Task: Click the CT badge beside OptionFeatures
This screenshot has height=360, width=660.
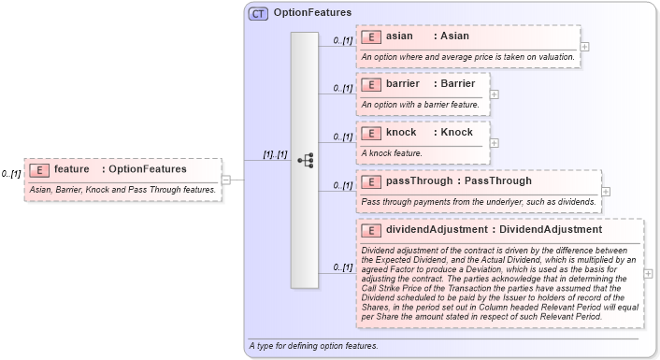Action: tap(258, 13)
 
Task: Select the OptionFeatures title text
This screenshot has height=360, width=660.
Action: tap(312, 13)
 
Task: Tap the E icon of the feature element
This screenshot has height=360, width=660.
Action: tap(38, 169)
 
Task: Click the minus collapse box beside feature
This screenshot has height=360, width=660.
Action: tap(226, 179)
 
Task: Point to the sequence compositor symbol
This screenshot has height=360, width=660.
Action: tap(305, 160)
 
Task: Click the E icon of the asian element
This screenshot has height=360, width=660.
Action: tap(370, 36)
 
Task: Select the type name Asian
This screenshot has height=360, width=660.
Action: tap(454, 36)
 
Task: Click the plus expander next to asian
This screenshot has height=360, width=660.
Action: tap(584, 46)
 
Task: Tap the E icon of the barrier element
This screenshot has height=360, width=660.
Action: tap(370, 84)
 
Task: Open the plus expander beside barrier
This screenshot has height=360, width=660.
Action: tap(495, 94)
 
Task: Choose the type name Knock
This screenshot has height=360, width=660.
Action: tap(456, 132)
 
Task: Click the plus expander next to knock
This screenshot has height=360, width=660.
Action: tap(495, 142)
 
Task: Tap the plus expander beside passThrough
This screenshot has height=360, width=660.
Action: tap(606, 191)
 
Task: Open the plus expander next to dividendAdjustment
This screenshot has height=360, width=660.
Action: tap(649, 273)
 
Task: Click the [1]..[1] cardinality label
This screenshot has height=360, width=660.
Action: tap(274, 154)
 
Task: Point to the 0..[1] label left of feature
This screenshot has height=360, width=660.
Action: tap(11, 174)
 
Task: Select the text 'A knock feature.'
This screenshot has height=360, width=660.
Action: tap(392, 152)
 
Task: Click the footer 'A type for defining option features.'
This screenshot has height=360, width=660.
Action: tap(314, 346)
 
